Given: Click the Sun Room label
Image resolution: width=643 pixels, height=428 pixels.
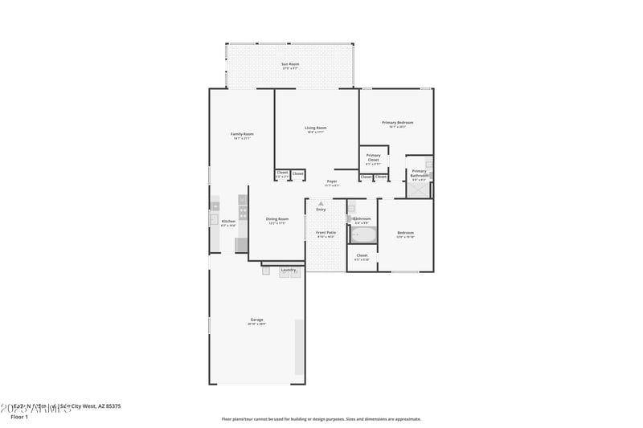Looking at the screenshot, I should click(289, 63).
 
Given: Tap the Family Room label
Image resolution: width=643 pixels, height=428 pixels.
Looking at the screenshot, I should click(242, 134).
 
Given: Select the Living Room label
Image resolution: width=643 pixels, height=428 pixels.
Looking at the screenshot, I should click(315, 128).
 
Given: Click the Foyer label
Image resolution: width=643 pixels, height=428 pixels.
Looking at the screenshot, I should click(331, 181).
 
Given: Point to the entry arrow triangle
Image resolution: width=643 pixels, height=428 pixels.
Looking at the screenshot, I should click(321, 204).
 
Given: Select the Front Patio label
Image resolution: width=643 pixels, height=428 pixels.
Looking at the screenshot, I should click(326, 232).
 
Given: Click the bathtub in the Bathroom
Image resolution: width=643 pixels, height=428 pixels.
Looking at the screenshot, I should click(363, 235).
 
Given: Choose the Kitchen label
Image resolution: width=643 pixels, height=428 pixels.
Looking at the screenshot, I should click(228, 221).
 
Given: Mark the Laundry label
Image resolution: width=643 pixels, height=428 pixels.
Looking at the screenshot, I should click(288, 270).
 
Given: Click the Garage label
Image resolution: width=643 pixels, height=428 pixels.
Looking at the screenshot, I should click(256, 320).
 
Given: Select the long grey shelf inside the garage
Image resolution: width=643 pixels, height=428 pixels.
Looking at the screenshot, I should click(300, 347).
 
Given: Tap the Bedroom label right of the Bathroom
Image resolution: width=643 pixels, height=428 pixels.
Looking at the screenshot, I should click(405, 233).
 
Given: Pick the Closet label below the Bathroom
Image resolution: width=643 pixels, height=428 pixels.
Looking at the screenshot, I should click(362, 255).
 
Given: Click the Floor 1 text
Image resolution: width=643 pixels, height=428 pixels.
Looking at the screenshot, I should click(19, 417).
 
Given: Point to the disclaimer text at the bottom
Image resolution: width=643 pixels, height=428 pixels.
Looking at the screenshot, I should click(321, 418).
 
